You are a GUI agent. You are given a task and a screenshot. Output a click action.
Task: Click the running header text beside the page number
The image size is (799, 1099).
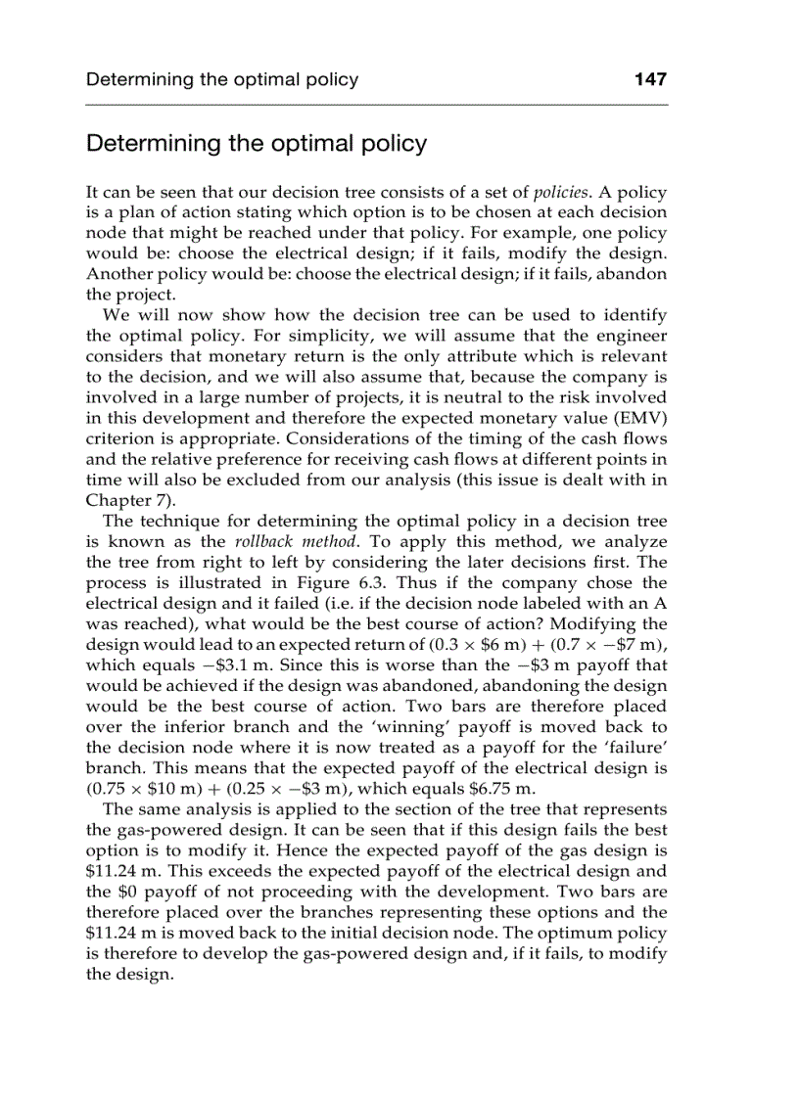[222, 79]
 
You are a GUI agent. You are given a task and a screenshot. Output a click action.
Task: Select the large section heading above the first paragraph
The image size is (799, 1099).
[257, 144]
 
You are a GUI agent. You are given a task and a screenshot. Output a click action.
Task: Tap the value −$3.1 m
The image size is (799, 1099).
[189, 664]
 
